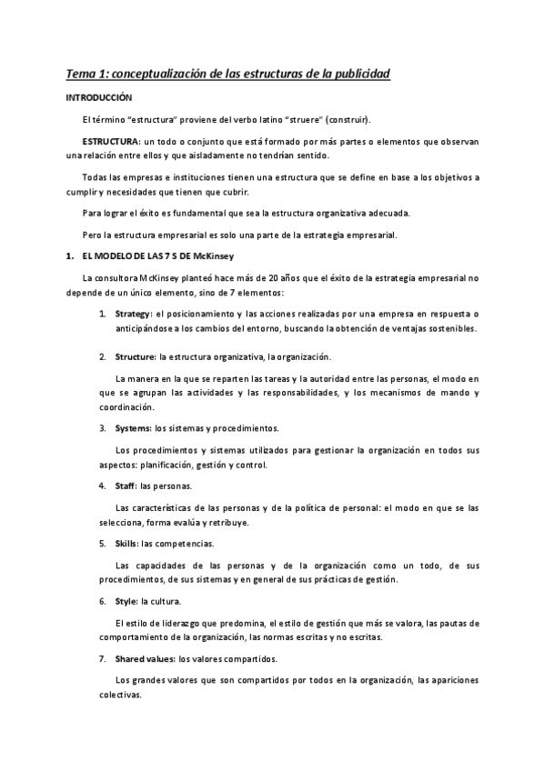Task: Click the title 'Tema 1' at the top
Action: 86,73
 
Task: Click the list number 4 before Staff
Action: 103,486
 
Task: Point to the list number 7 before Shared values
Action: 103,658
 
